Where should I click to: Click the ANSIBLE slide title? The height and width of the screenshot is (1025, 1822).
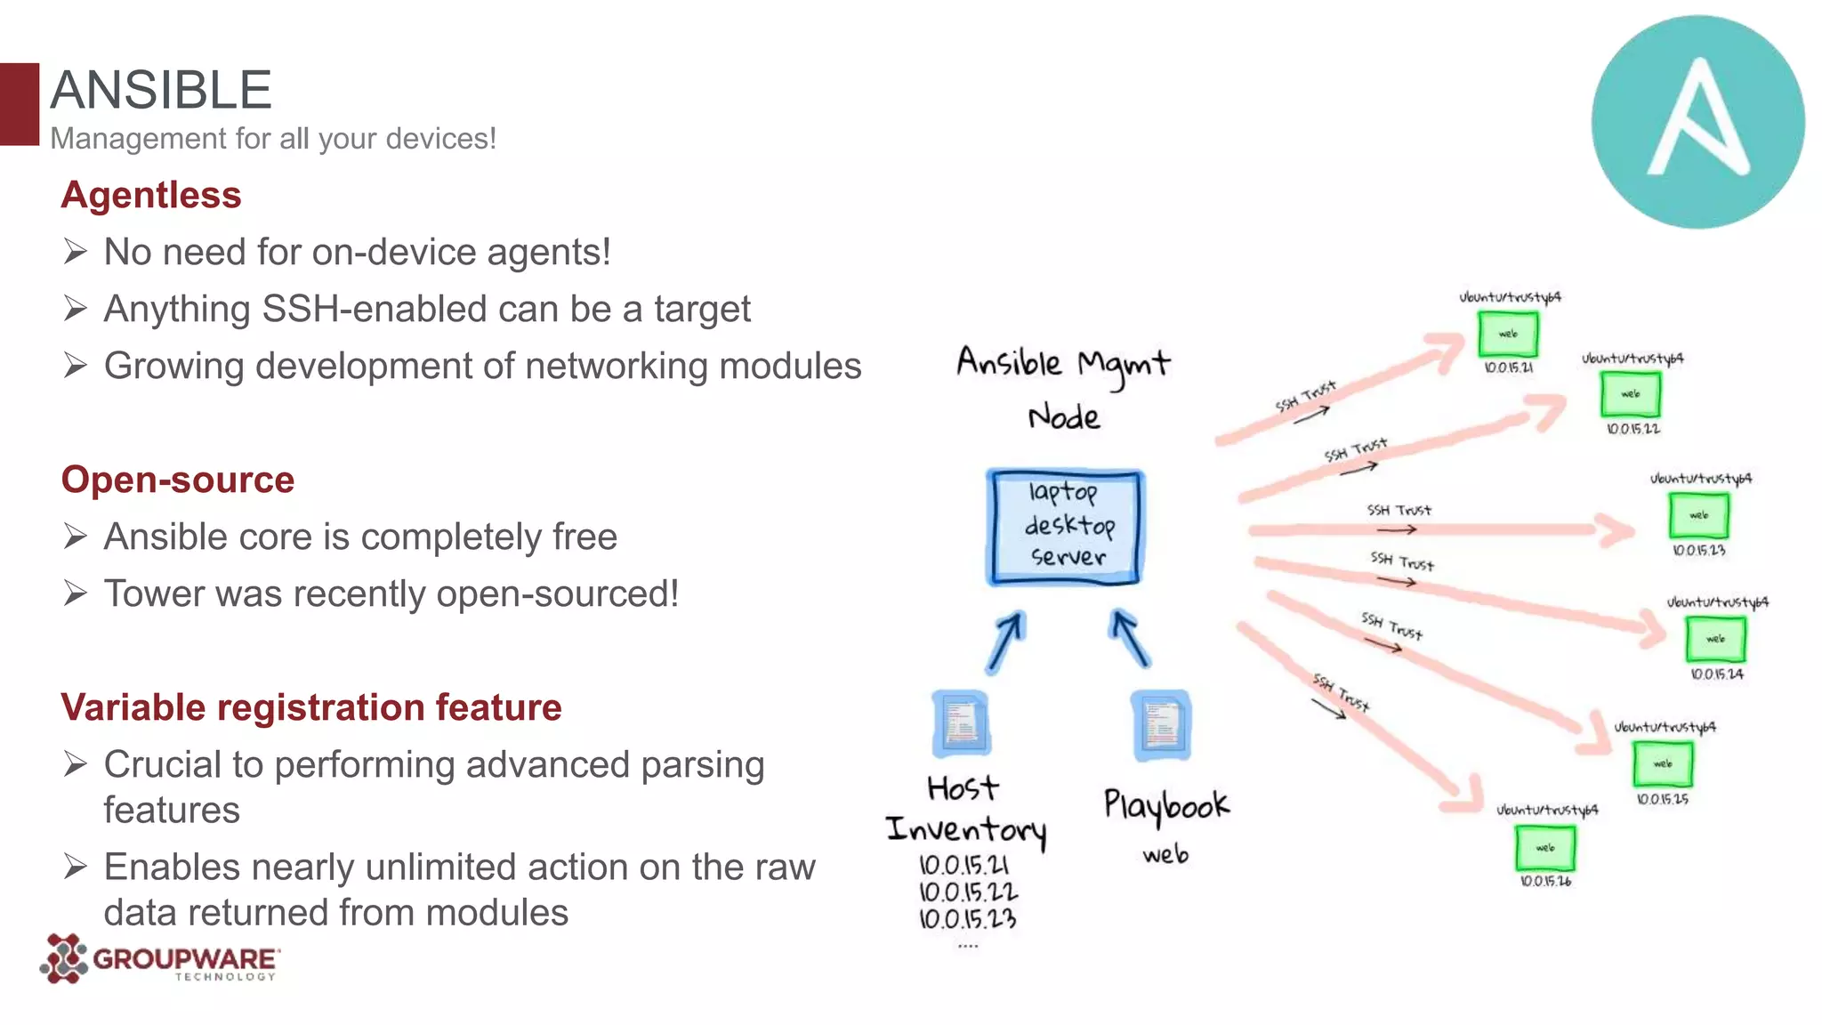pyautogui.click(x=161, y=90)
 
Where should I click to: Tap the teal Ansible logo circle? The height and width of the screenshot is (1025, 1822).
pyautogui.click(x=1697, y=122)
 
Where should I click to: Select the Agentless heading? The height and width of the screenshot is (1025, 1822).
pyautogui.click(x=151, y=195)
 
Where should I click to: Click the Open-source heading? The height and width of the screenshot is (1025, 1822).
pyautogui.click(x=178, y=480)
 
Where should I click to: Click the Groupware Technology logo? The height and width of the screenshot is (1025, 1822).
pyautogui.click(x=160, y=959)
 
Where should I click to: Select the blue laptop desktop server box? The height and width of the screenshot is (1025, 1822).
pyautogui.click(x=1065, y=527)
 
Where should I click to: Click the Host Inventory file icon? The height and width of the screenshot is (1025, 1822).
pyautogui.click(x=961, y=722)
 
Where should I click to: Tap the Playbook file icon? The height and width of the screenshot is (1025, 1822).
pyautogui.click(x=1161, y=724)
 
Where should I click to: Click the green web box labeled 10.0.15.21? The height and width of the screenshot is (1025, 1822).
pyautogui.click(x=1507, y=334)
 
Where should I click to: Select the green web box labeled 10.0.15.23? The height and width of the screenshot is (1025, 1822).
pyautogui.click(x=1698, y=515)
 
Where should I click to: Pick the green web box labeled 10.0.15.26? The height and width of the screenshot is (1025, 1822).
pyautogui.click(x=1545, y=848)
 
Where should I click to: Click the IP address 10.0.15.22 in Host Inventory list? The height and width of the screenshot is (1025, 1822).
pyautogui.click(x=968, y=892)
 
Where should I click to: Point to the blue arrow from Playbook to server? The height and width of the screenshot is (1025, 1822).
pyautogui.click(x=1130, y=637)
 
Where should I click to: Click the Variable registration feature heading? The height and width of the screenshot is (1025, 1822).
pyautogui.click(x=311, y=707)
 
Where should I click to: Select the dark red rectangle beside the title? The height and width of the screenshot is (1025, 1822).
pyautogui.click(x=20, y=103)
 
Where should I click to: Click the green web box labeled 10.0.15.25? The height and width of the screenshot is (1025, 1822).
pyautogui.click(x=1662, y=763)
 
